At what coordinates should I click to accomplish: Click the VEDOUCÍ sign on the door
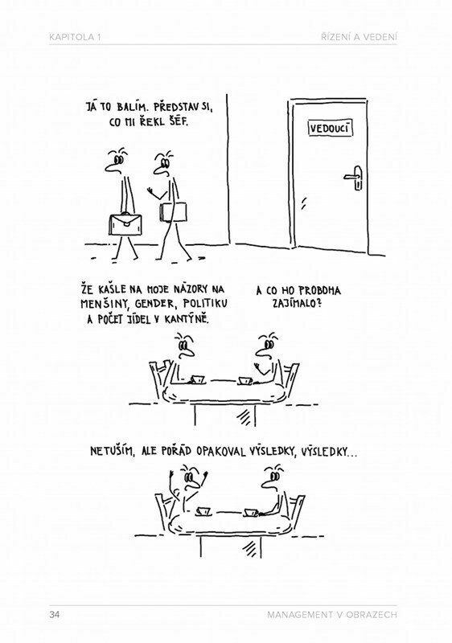(x=330, y=128)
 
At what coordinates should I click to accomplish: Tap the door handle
(x=355, y=178)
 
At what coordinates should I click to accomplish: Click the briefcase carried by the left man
(x=125, y=224)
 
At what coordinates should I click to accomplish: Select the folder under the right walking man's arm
(x=173, y=212)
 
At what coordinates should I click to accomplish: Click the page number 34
(x=54, y=615)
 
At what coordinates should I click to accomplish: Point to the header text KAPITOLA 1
(x=75, y=37)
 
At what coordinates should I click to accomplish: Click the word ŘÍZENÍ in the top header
(x=335, y=37)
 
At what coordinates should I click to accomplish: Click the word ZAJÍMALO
(x=296, y=304)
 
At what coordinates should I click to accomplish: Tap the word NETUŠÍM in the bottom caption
(x=112, y=452)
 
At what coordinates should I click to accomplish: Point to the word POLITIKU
(x=206, y=304)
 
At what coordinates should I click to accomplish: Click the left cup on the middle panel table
(x=198, y=379)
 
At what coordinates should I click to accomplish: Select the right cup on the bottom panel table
(x=251, y=513)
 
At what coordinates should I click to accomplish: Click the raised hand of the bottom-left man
(x=204, y=477)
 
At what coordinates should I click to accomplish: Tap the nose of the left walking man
(x=110, y=166)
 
